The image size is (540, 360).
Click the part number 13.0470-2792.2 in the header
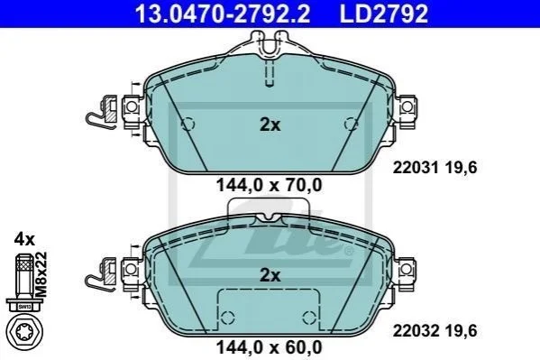[x=223, y=14]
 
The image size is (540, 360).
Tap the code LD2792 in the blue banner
[x=384, y=14]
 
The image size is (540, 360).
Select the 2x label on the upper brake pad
[x=270, y=125]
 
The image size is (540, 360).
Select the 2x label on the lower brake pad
[x=270, y=275]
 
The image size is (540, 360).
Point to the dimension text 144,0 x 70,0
[x=269, y=185]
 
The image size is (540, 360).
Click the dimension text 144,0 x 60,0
[x=269, y=346]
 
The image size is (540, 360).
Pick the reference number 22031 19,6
[x=435, y=168]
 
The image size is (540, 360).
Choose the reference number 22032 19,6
[x=435, y=331]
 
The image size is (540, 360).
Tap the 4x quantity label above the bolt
[x=24, y=239]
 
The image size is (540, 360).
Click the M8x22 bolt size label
[x=41, y=274]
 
